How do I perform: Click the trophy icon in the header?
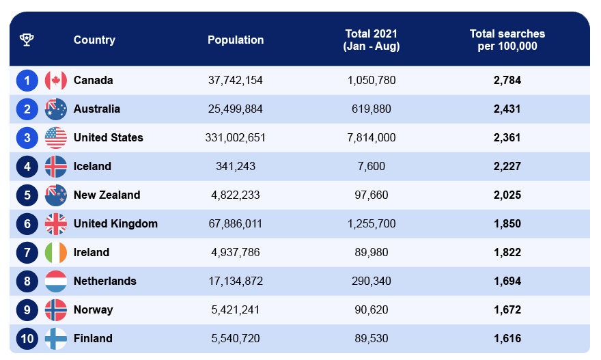27,40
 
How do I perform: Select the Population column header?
236,40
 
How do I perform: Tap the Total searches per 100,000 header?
507,40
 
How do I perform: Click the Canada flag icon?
56,80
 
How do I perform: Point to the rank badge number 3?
27,137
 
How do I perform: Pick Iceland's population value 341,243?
236,166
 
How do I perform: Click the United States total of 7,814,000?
372,137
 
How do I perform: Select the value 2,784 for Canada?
507,80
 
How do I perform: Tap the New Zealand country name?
107,195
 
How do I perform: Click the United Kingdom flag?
56,223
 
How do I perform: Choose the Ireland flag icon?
56,252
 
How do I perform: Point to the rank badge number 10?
27,338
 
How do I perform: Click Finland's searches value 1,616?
507,338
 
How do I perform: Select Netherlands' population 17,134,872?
236,281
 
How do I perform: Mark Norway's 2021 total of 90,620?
372,309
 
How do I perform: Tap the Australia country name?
96,109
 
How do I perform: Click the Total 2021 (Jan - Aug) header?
372,40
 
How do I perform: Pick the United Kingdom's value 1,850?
507,223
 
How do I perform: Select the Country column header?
94,40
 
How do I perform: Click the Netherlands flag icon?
56,281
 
